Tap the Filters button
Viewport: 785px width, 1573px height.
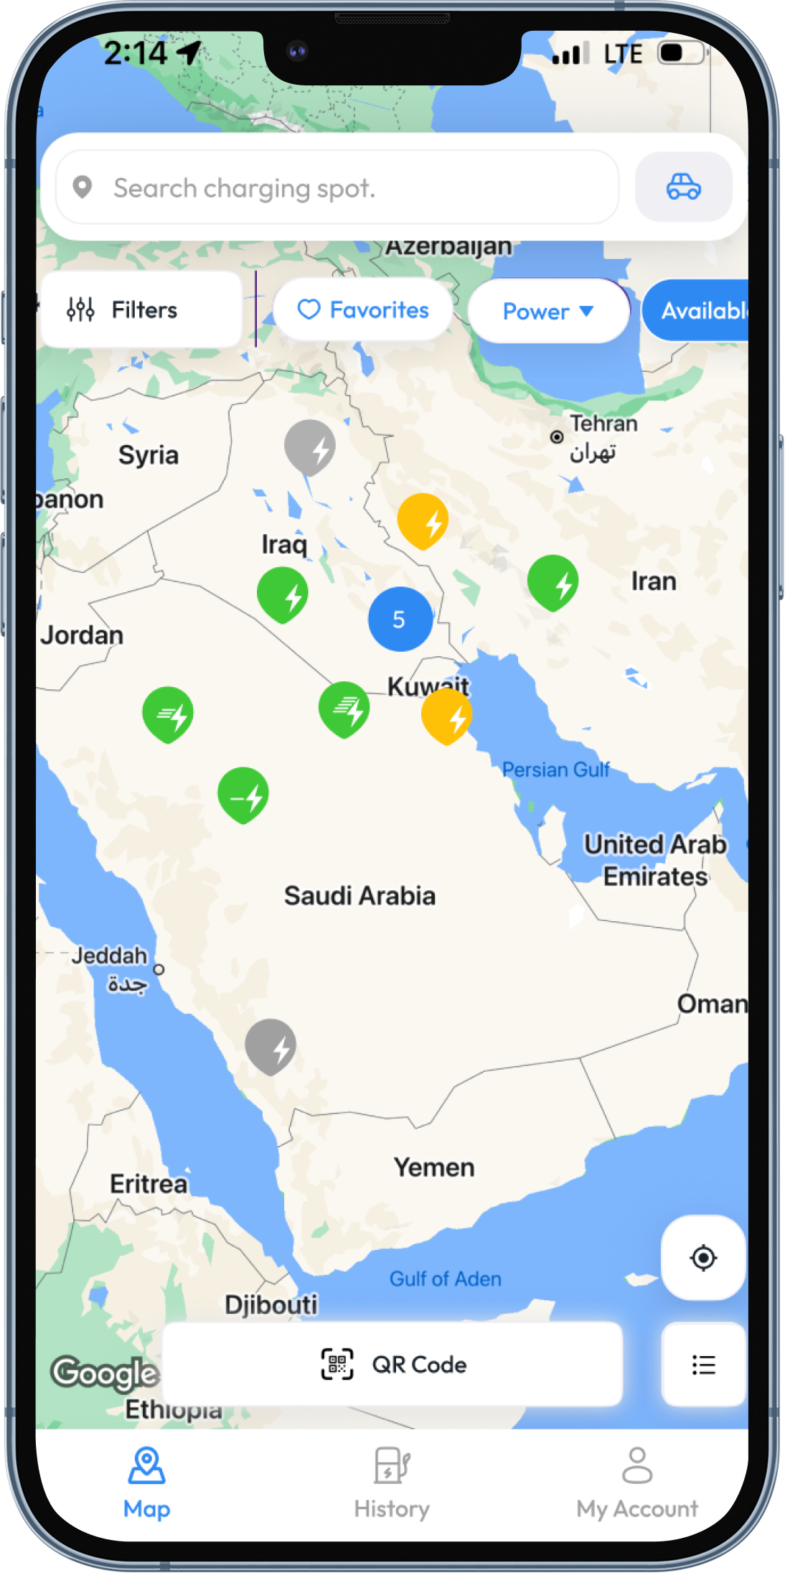pyautogui.click(x=141, y=310)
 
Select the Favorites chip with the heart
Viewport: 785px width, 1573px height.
pyautogui.click(x=363, y=310)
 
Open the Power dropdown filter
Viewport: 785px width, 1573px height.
pyautogui.click(x=548, y=312)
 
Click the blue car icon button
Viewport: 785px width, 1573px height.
pyautogui.click(x=683, y=187)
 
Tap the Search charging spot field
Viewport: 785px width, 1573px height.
pyautogui.click(x=337, y=188)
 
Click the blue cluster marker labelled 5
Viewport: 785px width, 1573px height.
pyautogui.click(x=400, y=619)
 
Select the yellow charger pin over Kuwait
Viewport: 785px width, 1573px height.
pyautogui.click(x=446, y=716)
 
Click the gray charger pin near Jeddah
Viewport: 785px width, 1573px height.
pyautogui.click(x=271, y=1045)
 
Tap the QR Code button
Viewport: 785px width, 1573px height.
pyautogui.click(x=392, y=1364)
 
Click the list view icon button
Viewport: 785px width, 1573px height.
pyautogui.click(x=703, y=1364)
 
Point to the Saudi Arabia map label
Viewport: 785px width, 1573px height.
pyautogui.click(x=359, y=896)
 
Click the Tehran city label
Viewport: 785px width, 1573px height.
pyautogui.click(x=603, y=424)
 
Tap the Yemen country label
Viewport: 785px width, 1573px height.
pyautogui.click(x=434, y=1167)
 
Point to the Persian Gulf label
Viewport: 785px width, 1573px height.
pyautogui.click(x=555, y=770)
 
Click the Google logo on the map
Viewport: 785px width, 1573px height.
pyautogui.click(x=105, y=1373)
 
